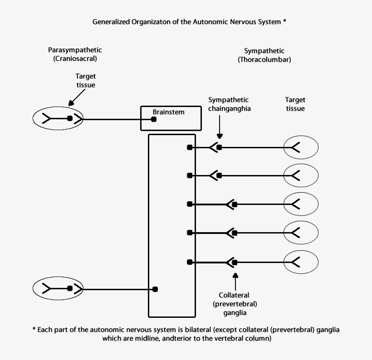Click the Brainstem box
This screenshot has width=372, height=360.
(170, 117)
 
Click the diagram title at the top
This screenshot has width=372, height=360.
(189, 21)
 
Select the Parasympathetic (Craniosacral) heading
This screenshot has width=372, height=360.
(75, 54)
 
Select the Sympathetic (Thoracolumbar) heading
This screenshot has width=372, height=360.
(264, 55)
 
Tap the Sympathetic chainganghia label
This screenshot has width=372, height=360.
(229, 104)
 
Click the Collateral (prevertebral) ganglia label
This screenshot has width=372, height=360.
(235, 304)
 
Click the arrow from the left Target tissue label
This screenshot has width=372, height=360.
(77, 97)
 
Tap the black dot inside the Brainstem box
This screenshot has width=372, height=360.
(154, 119)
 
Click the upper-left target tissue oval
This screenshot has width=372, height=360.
(58, 119)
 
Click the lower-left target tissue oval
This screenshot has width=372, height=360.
(58, 288)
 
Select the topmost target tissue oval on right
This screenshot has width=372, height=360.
(301, 147)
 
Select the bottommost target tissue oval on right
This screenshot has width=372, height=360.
(301, 262)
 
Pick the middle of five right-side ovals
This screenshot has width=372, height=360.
(301, 204)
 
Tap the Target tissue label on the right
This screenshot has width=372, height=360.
(295, 104)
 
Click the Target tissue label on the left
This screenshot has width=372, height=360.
(86, 81)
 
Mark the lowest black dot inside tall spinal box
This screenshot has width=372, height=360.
(155, 289)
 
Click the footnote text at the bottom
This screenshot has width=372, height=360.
(186, 334)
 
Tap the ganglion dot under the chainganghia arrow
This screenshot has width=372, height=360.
(220, 147)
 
